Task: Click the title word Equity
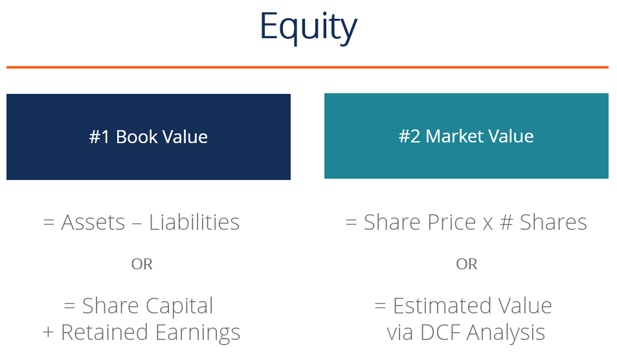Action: click(x=308, y=27)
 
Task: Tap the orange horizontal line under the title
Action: click(x=308, y=67)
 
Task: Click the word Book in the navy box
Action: click(x=137, y=137)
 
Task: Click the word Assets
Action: click(x=93, y=223)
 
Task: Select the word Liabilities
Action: click(x=194, y=223)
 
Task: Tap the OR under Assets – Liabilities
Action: click(x=142, y=264)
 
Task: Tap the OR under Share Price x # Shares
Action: click(x=466, y=264)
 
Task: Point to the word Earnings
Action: click(x=197, y=333)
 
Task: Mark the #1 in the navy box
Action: click(x=100, y=137)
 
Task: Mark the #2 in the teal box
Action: click(x=410, y=137)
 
